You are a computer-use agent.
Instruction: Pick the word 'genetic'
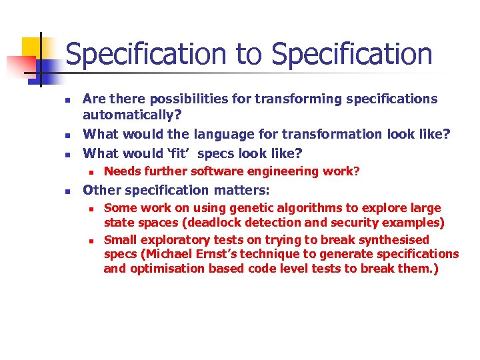click(228, 208)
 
